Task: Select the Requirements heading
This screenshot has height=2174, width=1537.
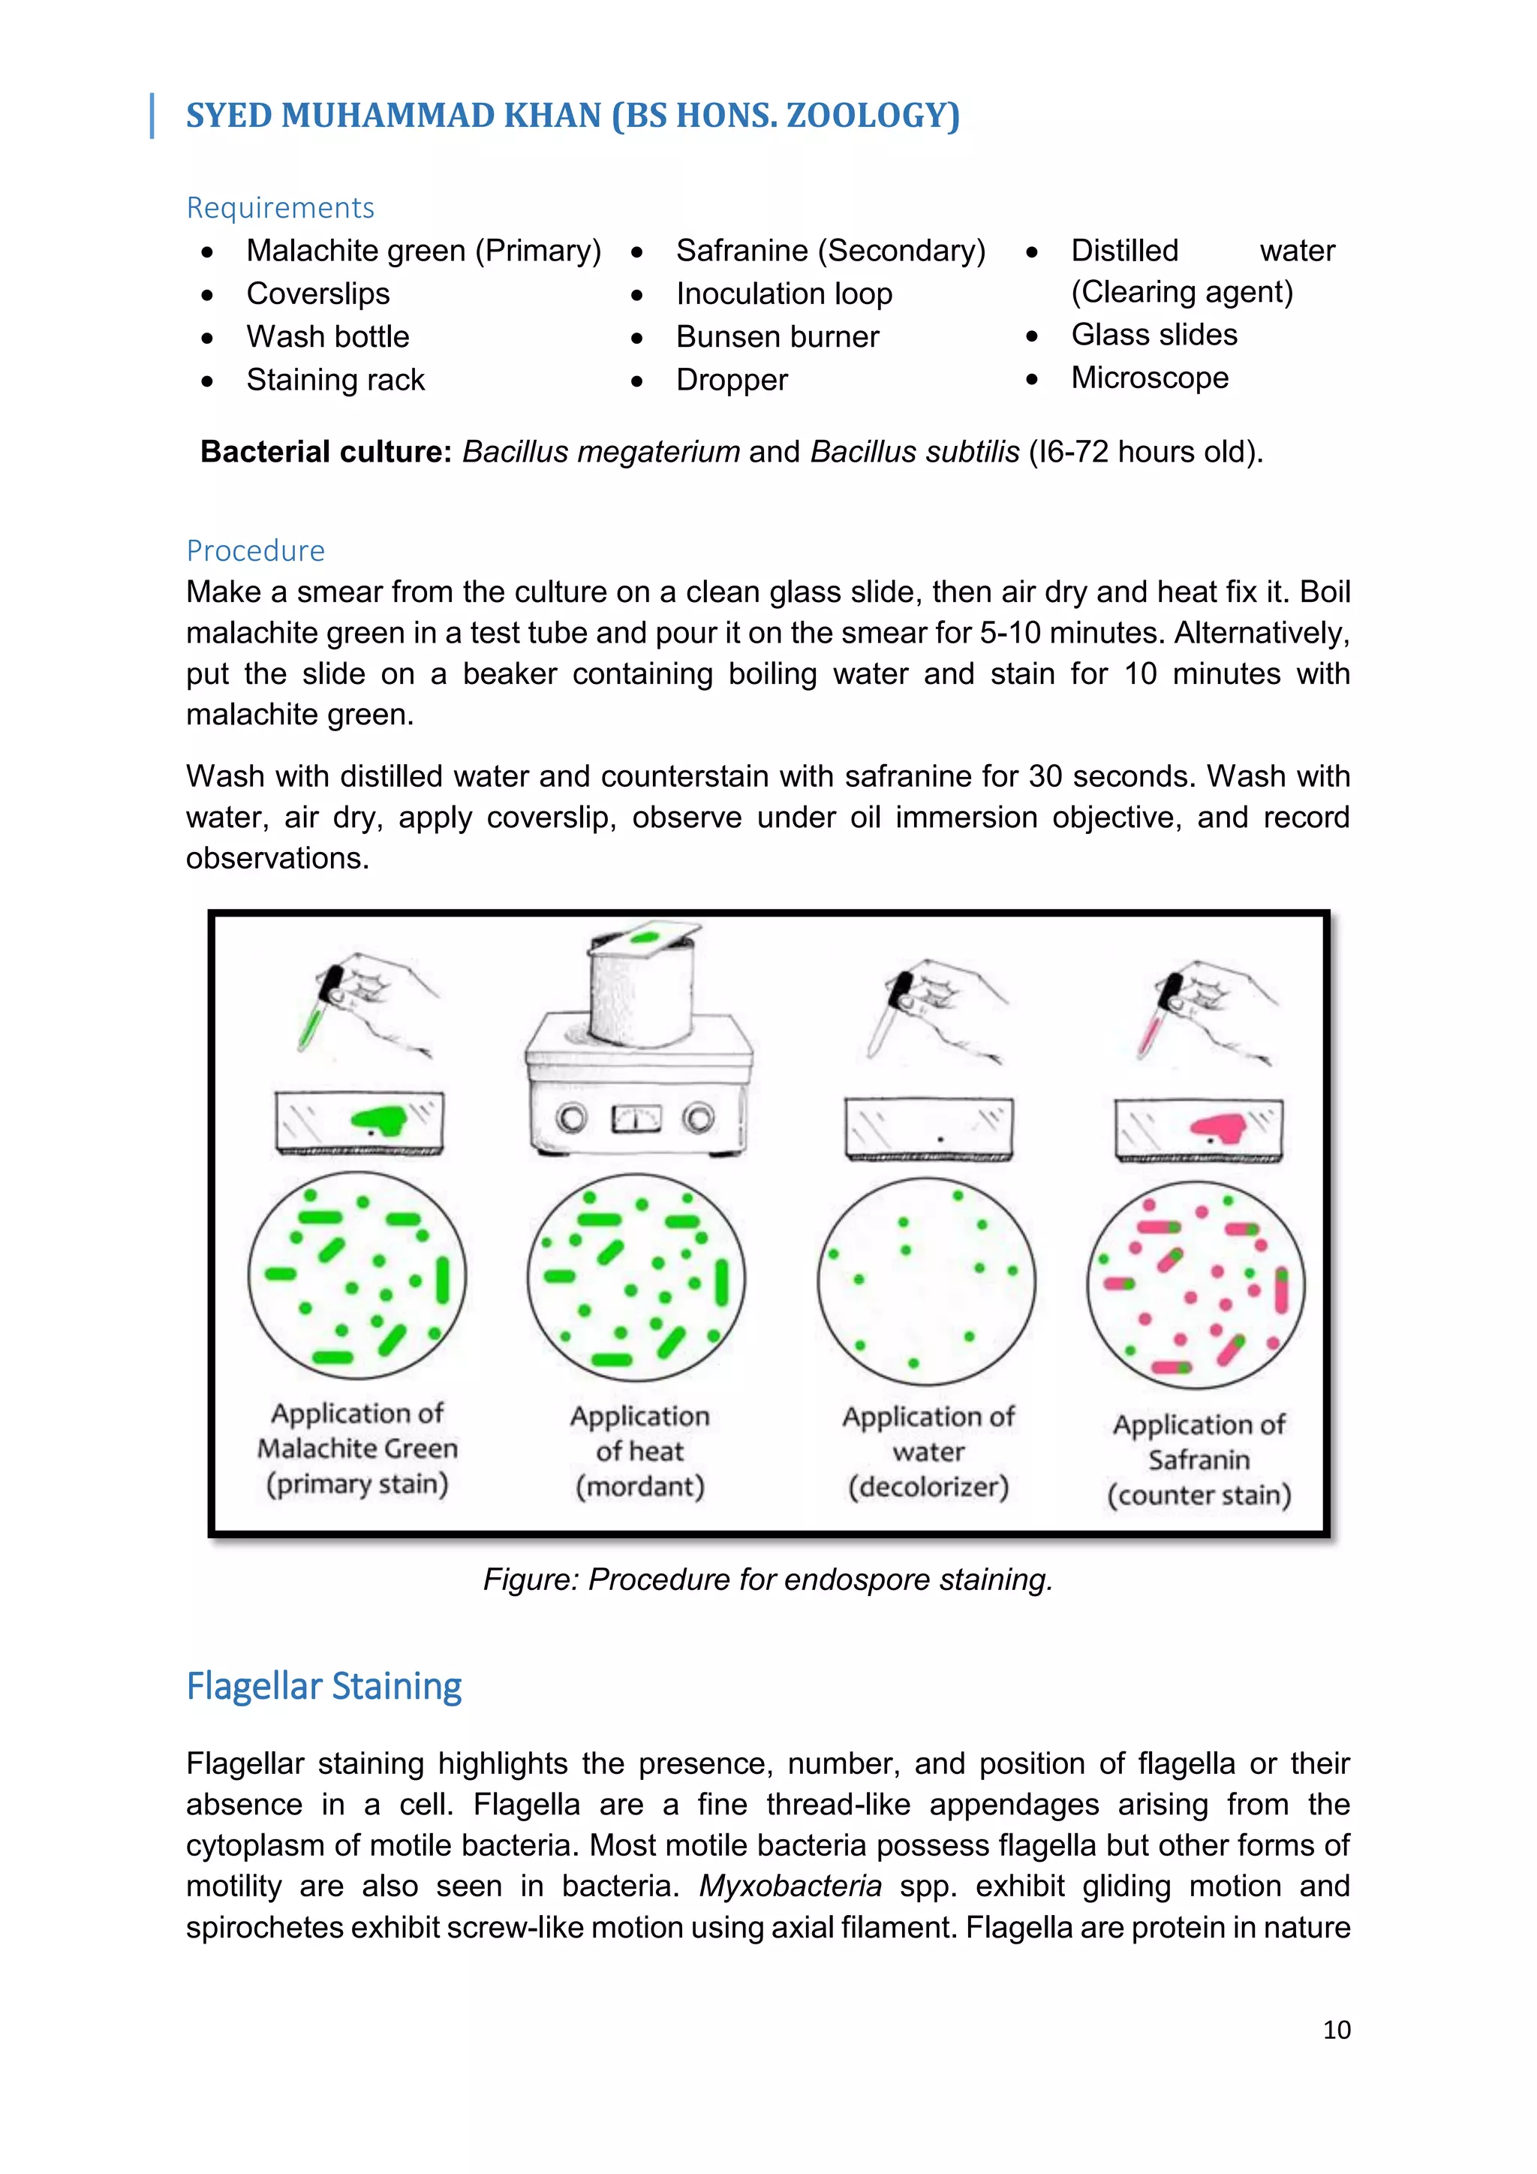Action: pyautogui.click(x=280, y=207)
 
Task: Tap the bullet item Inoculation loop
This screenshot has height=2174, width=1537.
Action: pyautogui.click(x=784, y=294)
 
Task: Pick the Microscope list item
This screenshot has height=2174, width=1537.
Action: pyautogui.click(x=1149, y=378)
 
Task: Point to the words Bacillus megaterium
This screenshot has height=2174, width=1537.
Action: pyautogui.click(x=600, y=452)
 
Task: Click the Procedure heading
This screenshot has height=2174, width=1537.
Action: pyautogui.click(x=255, y=550)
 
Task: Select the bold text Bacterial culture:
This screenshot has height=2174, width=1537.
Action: pyautogui.click(x=326, y=452)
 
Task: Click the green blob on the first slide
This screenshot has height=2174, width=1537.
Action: pyautogui.click(x=380, y=1120)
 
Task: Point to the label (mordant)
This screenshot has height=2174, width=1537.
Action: pyautogui.click(x=639, y=1486)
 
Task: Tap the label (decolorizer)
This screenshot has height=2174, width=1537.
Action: pyautogui.click(x=928, y=1486)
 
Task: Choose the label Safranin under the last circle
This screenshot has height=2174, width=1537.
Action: pyautogui.click(x=1199, y=1460)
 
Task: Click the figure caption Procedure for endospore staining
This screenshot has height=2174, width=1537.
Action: pyautogui.click(x=768, y=1579)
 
